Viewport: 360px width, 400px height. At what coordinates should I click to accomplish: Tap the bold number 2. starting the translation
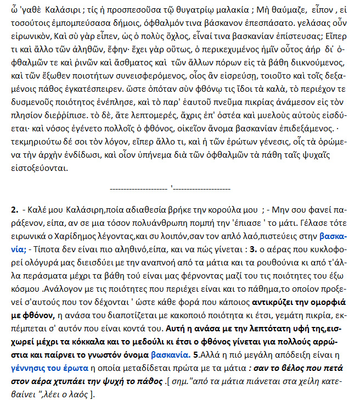tap(15, 210)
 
